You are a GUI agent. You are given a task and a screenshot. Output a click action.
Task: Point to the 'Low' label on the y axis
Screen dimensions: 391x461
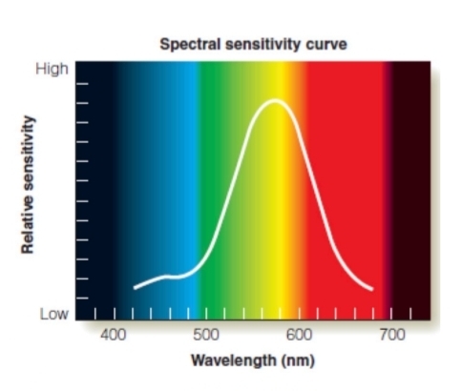pos(53,313)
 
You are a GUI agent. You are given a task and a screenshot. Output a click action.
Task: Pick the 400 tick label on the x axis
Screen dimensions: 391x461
pos(114,335)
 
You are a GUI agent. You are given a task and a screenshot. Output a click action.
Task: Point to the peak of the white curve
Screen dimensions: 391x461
pos(275,100)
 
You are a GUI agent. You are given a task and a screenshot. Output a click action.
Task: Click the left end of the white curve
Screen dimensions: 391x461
pos(134,286)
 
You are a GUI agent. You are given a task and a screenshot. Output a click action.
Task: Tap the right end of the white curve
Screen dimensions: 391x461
pos(372,289)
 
